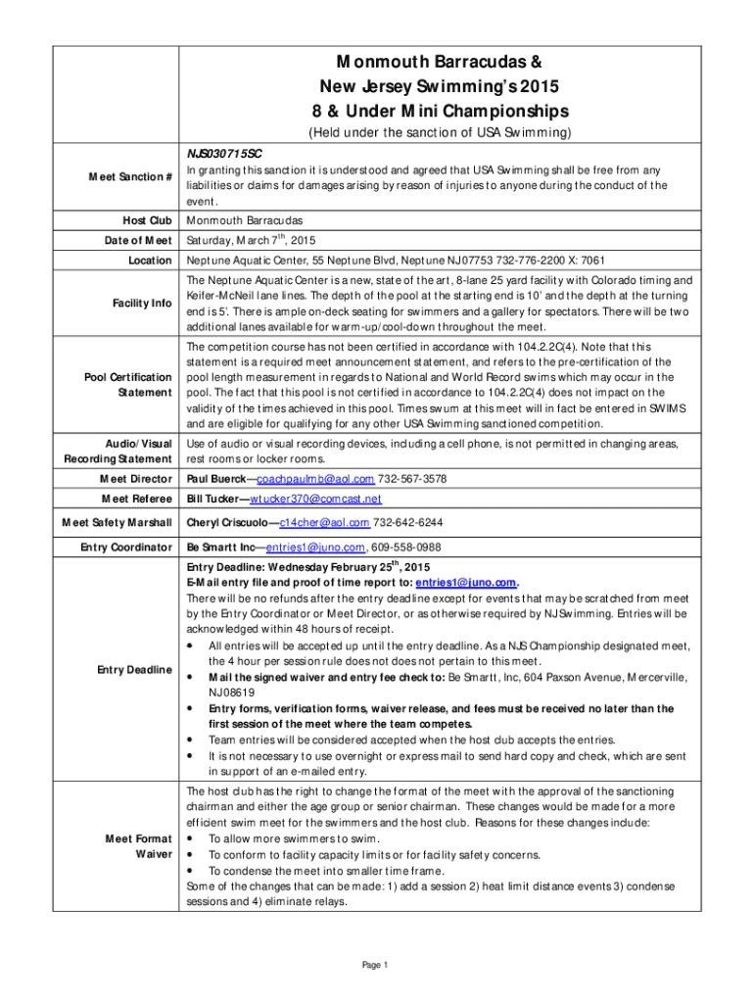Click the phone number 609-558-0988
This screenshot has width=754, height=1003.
pos(406,548)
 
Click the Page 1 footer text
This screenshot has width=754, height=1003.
pos(376,966)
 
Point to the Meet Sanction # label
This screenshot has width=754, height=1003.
pos(130,176)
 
